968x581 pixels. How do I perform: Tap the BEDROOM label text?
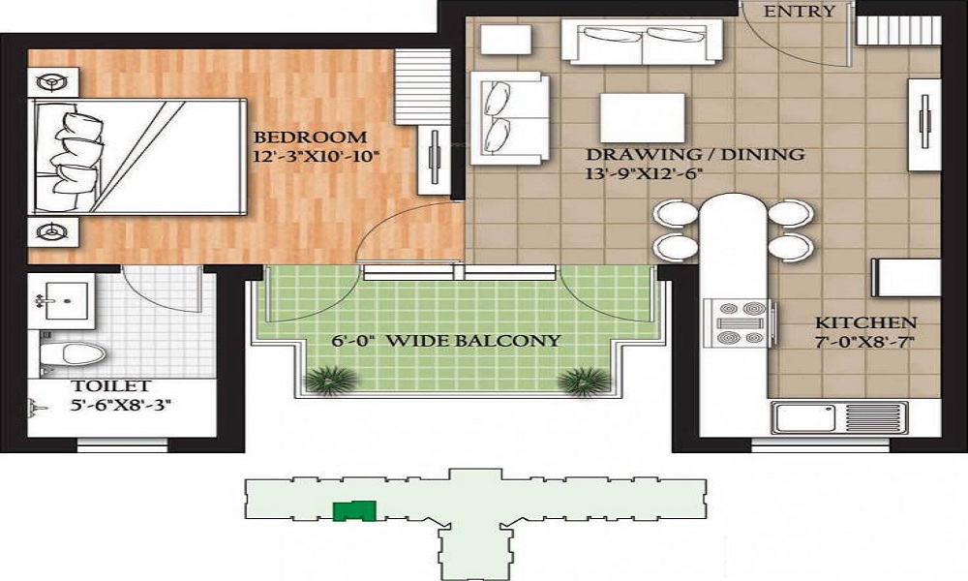coord(310,138)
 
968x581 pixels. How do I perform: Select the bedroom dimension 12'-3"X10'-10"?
coord(315,155)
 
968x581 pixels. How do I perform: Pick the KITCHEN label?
coord(865,322)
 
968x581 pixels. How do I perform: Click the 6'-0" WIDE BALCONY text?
coord(446,340)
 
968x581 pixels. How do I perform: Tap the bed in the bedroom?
coord(136,155)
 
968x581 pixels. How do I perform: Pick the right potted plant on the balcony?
coord(584,381)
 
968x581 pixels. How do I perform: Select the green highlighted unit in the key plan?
coord(353,510)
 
